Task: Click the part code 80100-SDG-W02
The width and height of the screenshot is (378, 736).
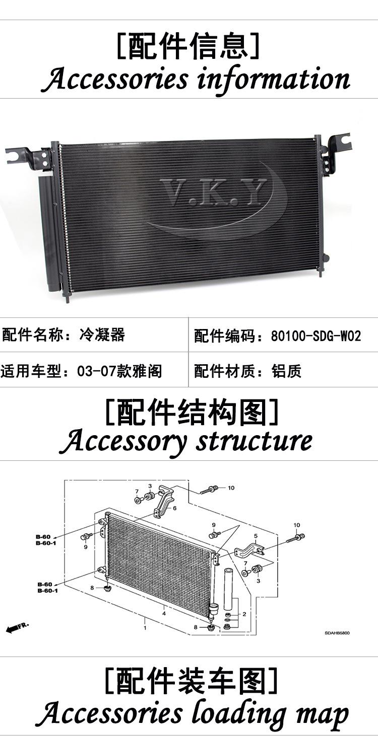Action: click(316, 336)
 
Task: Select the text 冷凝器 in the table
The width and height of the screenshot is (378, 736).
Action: click(102, 335)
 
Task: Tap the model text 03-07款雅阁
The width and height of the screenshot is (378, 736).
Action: click(119, 371)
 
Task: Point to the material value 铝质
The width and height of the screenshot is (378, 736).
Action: click(286, 371)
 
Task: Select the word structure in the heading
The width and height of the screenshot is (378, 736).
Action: click(254, 441)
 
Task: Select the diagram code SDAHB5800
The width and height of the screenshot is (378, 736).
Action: click(337, 633)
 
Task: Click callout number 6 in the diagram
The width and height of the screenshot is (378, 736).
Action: click(174, 508)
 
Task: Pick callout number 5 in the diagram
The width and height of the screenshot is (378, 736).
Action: click(256, 536)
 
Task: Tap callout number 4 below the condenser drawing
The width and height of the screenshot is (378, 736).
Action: click(164, 613)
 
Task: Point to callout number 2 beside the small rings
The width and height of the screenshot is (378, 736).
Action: click(244, 614)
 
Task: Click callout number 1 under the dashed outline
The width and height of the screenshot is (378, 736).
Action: click(145, 628)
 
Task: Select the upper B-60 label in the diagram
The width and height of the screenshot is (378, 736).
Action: click(43, 537)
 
